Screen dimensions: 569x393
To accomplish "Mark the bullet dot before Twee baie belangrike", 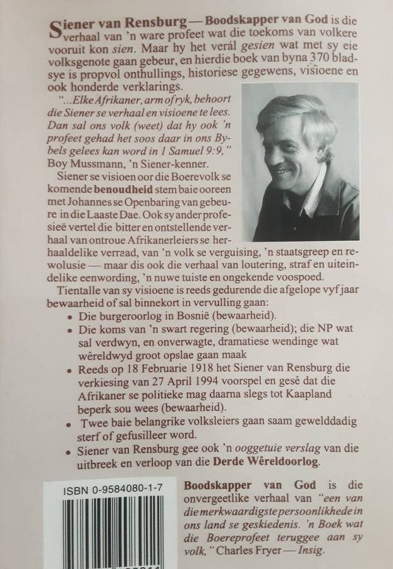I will pos(68,420).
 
